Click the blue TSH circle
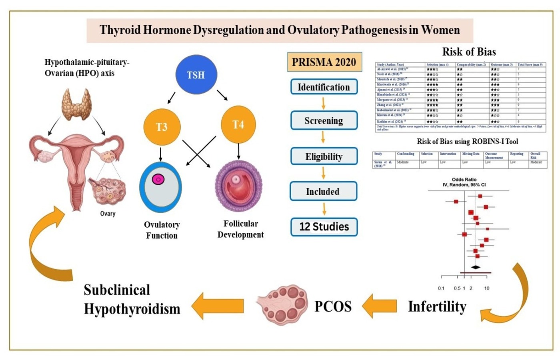[196, 74]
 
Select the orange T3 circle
[162, 127]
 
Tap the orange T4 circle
[238, 124]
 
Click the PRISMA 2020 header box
[324, 62]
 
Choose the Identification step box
[324, 87]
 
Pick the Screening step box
[324, 120]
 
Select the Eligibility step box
[324, 156]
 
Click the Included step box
[323, 191]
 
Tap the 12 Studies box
[324, 227]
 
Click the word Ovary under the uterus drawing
[108, 214]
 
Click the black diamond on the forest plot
[475, 267]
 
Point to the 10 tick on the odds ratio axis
[486, 288]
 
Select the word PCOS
[333, 306]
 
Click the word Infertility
[437, 306]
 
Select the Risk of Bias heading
[469, 52]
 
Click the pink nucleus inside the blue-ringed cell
[158, 179]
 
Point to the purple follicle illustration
[238, 186]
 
